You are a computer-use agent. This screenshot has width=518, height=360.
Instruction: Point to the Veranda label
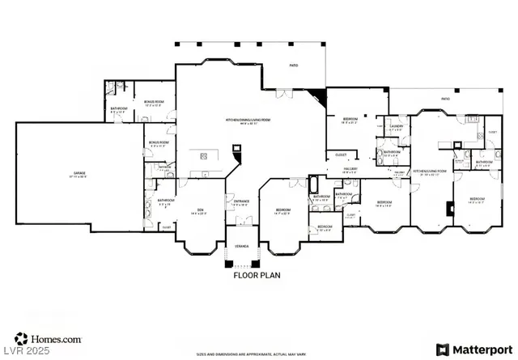click(x=241, y=245)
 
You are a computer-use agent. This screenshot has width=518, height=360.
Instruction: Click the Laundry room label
click(x=397, y=128)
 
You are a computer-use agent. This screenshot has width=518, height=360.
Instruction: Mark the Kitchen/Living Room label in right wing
click(x=431, y=172)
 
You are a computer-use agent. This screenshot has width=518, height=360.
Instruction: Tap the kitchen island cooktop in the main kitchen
click(x=203, y=155)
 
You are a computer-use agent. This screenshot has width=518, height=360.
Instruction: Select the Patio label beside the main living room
click(x=294, y=67)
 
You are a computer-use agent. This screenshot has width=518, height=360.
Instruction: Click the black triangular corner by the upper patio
click(x=322, y=97)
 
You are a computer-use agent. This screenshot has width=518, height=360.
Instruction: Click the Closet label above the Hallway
click(x=341, y=155)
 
